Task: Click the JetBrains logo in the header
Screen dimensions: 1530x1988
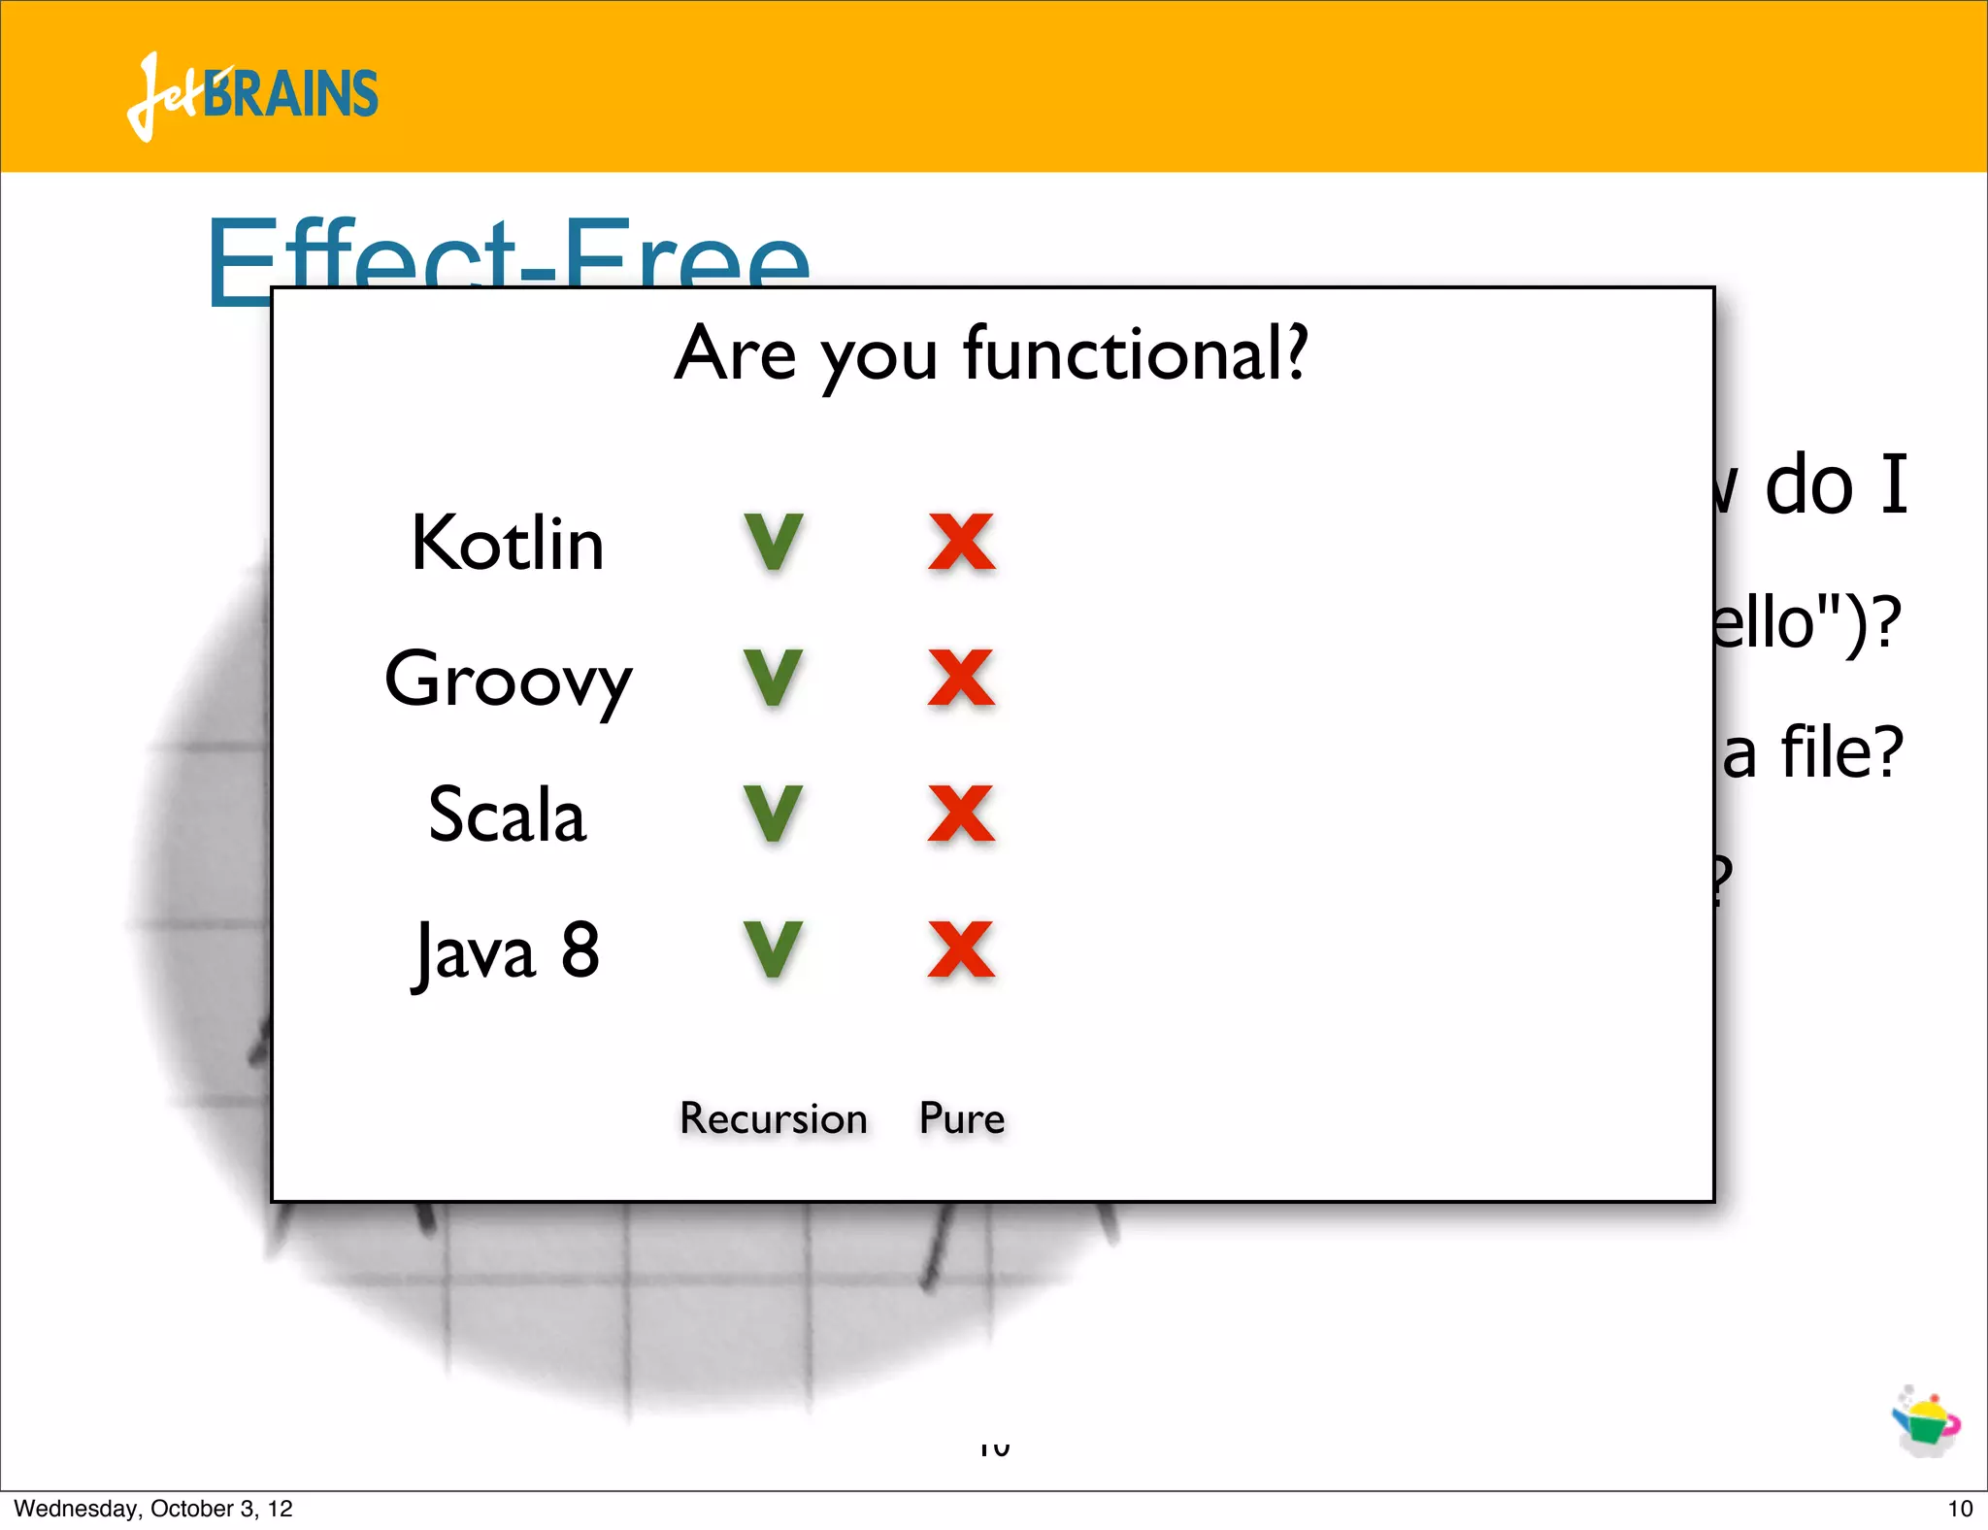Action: (x=252, y=95)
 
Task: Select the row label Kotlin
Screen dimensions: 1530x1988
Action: (x=508, y=543)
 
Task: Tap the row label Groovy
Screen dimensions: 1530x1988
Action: (x=508, y=680)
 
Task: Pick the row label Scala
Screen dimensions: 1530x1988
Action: (x=508, y=815)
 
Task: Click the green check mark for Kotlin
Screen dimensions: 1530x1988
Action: (x=774, y=543)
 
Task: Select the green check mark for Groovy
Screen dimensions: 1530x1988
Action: (x=774, y=679)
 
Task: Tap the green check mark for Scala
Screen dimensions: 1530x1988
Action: (x=774, y=815)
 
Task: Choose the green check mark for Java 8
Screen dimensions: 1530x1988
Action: (x=774, y=950)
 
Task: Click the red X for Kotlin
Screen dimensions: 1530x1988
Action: (x=961, y=543)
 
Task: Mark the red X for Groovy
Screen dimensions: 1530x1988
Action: (x=961, y=679)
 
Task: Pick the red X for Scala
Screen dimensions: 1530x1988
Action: (x=961, y=815)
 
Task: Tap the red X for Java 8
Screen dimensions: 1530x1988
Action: (x=961, y=950)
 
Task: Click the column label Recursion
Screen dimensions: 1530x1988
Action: (x=774, y=1118)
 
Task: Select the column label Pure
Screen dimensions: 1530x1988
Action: (x=961, y=1118)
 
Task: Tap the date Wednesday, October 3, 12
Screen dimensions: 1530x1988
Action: (x=153, y=1509)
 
